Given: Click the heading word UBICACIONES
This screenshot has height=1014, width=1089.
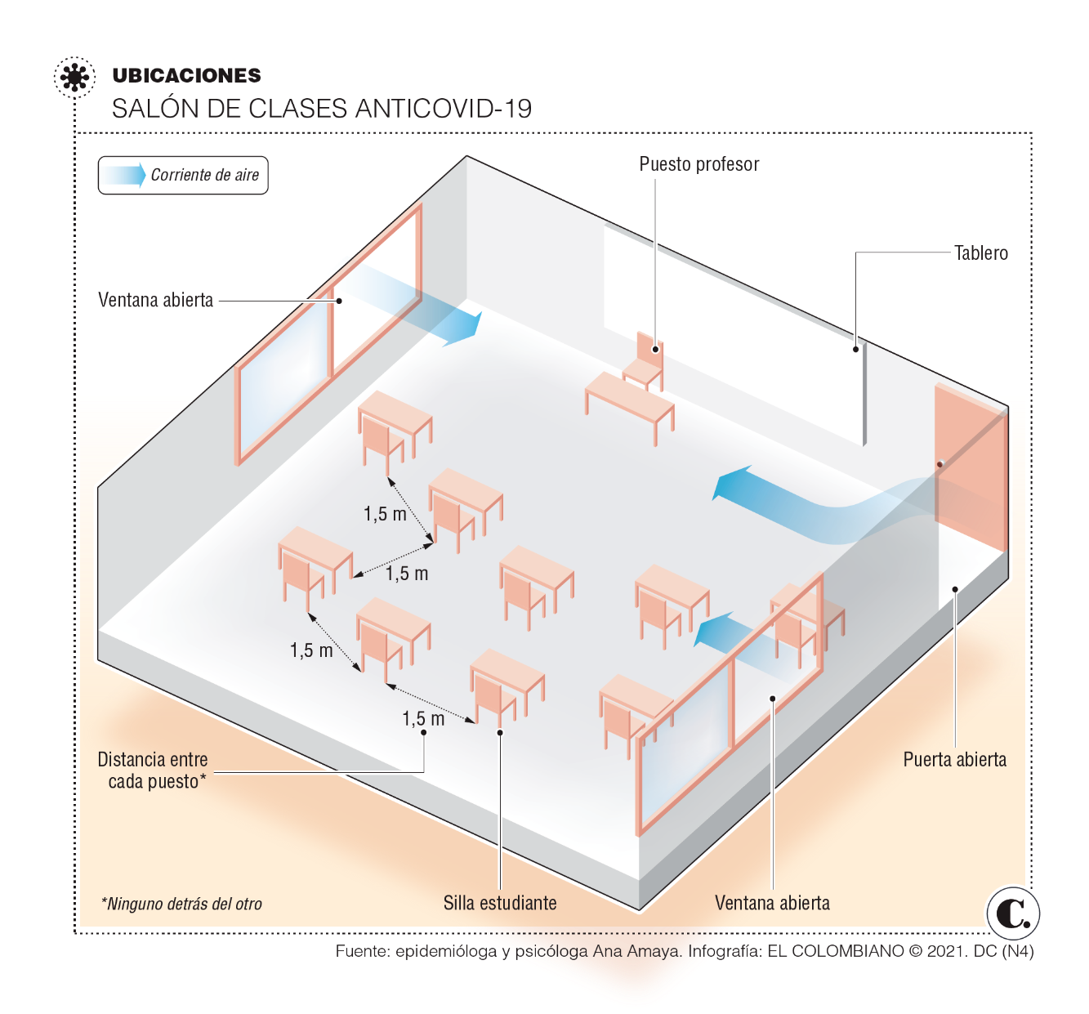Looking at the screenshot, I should (x=186, y=75).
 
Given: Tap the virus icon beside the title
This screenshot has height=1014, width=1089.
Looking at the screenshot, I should (x=74, y=77).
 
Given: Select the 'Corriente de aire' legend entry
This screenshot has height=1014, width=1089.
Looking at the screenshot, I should (x=182, y=175).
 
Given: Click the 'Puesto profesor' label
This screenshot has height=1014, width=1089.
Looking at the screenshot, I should (x=699, y=164).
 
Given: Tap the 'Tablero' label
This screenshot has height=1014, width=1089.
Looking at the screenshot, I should (x=981, y=253).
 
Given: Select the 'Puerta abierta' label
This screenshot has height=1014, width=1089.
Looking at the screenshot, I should (x=954, y=759).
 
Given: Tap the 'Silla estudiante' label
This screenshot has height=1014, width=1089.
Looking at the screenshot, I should (x=500, y=903).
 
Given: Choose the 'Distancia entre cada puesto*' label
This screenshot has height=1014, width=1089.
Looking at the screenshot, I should (x=154, y=771).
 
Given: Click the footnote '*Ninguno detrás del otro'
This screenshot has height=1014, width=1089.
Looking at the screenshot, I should (x=181, y=904).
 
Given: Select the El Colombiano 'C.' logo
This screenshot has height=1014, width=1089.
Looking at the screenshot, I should (x=1013, y=913).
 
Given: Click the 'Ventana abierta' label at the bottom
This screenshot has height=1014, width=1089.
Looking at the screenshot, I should (x=772, y=903).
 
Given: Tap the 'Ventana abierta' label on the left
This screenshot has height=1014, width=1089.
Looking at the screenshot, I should (x=155, y=300).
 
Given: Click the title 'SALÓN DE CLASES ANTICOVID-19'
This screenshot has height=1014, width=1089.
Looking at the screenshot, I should (x=322, y=109).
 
